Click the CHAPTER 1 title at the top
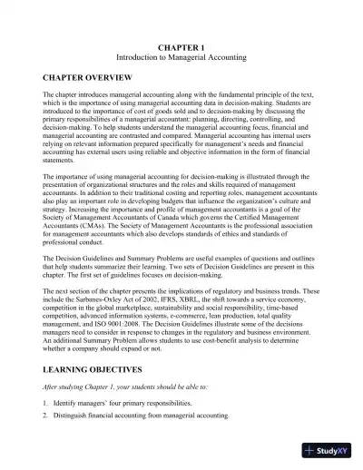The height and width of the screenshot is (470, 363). pyautogui.click(x=182, y=44)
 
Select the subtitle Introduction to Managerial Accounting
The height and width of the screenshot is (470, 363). pyautogui.click(x=182, y=54)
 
